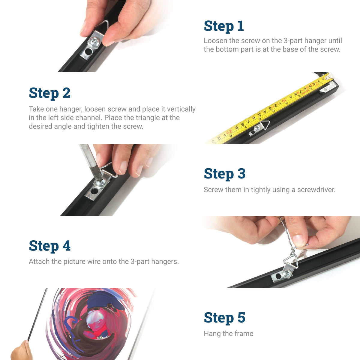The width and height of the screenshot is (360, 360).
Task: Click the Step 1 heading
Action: click(224, 26)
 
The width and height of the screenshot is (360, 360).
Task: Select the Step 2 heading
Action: click(50, 93)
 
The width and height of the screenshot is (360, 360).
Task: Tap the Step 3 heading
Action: click(225, 174)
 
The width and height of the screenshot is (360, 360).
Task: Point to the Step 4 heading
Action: click(50, 246)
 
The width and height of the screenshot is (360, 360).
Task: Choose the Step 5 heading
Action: click(225, 318)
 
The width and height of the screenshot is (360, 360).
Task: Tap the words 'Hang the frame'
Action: click(229, 334)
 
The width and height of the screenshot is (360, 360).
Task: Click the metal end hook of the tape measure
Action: click(328, 76)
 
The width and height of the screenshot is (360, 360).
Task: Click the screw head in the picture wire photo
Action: click(286, 273)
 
